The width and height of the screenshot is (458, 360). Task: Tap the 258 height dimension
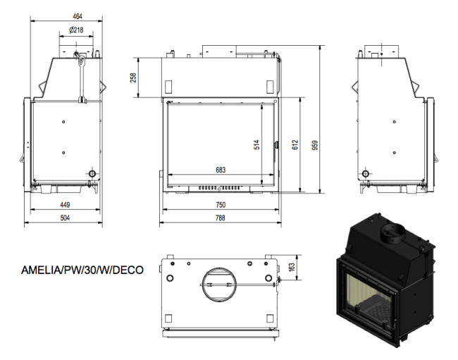point(134,77)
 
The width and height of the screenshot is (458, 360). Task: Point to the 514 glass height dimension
point(257,144)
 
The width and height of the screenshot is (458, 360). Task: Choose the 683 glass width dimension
point(221,170)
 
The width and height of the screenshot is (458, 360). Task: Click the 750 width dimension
point(221,205)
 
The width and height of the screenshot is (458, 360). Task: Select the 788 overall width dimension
point(221,218)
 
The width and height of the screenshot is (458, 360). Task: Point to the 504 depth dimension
point(64,218)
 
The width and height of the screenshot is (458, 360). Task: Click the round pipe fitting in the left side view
point(91,173)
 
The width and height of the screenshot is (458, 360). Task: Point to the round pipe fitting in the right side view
point(365,173)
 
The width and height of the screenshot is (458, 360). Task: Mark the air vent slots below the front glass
point(218,188)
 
